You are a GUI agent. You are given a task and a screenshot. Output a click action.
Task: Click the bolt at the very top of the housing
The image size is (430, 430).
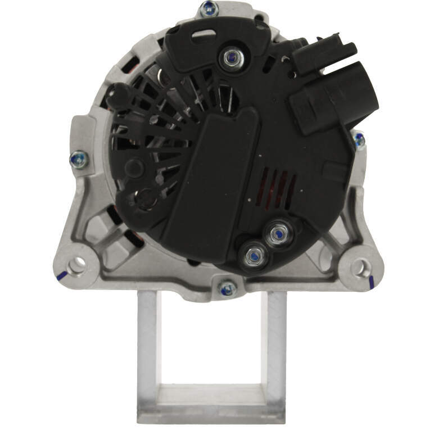point(209,9)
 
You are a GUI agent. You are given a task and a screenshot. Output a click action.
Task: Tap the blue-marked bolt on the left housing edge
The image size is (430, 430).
point(78,161)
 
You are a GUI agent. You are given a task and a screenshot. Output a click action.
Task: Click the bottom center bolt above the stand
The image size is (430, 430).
point(228,288)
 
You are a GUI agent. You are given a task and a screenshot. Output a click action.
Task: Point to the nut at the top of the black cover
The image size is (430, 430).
point(230,57)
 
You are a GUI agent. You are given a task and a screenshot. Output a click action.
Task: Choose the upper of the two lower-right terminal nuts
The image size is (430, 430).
point(277,232)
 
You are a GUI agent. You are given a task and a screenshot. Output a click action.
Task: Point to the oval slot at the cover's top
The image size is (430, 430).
point(202,36)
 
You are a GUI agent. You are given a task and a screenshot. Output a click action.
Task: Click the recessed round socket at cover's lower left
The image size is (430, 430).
point(144,198)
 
